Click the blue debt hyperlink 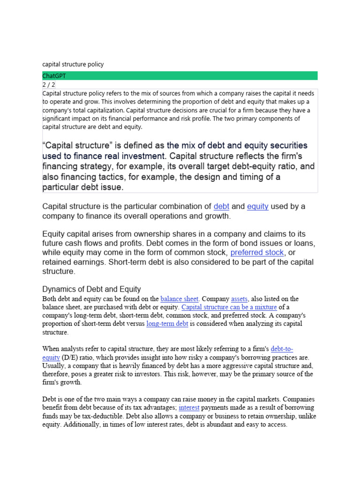[221, 206]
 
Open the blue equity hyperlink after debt [257, 206]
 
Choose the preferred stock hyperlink [257, 252]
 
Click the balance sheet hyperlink [180, 299]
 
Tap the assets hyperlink [239, 299]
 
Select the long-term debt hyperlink [167, 324]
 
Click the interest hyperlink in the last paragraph [189, 408]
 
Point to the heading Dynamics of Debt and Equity [91, 289]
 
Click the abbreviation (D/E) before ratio [66, 357]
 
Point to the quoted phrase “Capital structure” [79, 146]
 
